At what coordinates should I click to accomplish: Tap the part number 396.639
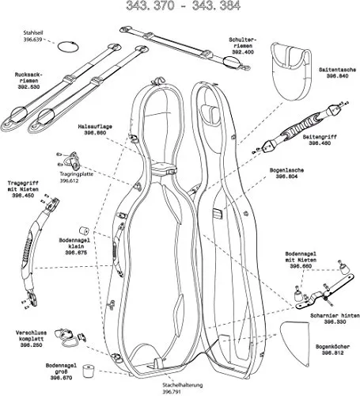tap(32, 40)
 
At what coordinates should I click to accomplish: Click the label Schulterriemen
tap(243, 43)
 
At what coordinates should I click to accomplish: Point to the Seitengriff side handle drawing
tap(299, 128)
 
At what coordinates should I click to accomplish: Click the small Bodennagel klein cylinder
tap(85, 230)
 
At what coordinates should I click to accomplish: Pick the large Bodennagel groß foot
tap(89, 371)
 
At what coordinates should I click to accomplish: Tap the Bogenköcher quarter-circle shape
tap(295, 342)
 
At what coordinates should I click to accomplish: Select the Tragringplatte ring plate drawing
tap(70, 161)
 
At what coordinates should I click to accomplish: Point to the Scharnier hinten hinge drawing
tap(324, 292)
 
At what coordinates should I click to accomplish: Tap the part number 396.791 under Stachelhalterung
tap(172, 391)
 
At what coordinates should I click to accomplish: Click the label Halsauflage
tap(95, 127)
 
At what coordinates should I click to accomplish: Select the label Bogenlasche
tap(286, 170)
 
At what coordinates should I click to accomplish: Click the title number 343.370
tap(150, 6)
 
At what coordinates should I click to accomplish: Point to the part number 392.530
tap(28, 87)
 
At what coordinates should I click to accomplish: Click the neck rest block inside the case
tap(163, 169)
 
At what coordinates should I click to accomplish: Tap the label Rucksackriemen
tap(28, 78)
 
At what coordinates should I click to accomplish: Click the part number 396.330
tap(335, 322)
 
